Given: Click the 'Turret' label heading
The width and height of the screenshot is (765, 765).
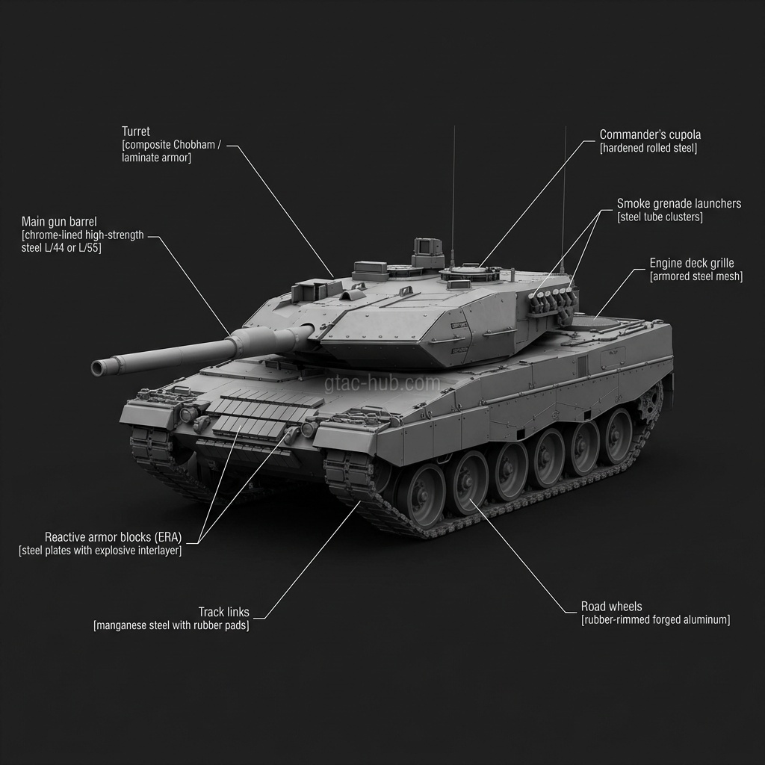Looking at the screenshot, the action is [136, 131].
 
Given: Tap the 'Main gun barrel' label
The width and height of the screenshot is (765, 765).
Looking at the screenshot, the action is [59, 221].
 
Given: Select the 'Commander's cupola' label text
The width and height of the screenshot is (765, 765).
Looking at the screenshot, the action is [650, 134].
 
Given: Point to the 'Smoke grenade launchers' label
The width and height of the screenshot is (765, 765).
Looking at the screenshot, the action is [678, 203].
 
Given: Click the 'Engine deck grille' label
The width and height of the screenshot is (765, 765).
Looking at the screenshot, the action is [691, 263].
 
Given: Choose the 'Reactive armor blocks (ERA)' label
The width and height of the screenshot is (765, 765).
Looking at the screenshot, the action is [114, 537].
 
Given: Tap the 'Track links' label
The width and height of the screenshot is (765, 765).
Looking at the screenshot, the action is [223, 612].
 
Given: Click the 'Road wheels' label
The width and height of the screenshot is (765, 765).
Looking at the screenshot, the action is [611, 607].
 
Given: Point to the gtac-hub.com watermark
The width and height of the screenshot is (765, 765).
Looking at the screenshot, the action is [382, 383].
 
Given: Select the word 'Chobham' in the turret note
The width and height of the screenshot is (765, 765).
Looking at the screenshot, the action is [193, 145].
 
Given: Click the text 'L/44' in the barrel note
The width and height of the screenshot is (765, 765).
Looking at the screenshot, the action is [53, 248].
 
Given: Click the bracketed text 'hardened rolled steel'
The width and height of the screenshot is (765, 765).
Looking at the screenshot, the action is [648, 149].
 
